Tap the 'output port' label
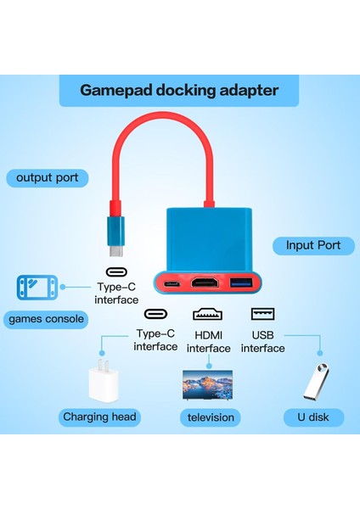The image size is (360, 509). click(47, 177)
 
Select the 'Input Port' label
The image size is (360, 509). click(312, 245)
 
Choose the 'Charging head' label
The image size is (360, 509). click(99, 417)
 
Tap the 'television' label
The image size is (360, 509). click(210, 417)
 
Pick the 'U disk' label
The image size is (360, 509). click(314, 417)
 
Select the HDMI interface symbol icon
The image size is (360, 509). click(208, 313)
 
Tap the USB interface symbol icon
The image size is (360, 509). click(262, 313)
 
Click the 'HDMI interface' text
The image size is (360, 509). click(208, 342)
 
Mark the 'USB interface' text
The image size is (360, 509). click(262, 342)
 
